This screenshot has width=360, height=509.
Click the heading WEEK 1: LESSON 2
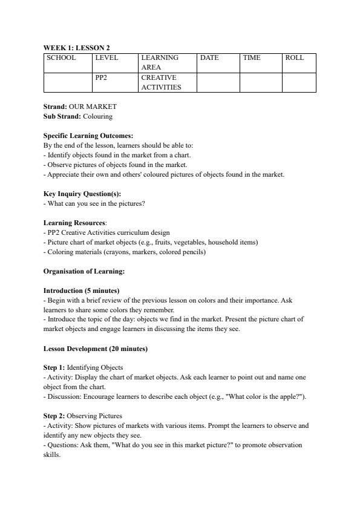pyautogui.click(x=76, y=47)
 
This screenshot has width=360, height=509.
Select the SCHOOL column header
pyautogui.click(x=61, y=58)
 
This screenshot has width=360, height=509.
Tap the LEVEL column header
pyautogui.click(x=106, y=58)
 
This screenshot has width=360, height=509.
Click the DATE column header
pyautogui.click(x=209, y=58)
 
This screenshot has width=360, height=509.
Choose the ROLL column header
pyautogui.click(x=294, y=58)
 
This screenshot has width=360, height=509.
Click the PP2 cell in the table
pyautogui.click(x=102, y=78)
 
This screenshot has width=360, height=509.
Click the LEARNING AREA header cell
pyautogui.click(x=160, y=62)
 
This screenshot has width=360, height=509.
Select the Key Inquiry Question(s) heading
pyautogui.click(x=82, y=194)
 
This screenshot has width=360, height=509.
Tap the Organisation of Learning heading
pyautogui.click(x=83, y=271)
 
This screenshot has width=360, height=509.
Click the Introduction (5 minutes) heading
pyautogui.click(x=81, y=291)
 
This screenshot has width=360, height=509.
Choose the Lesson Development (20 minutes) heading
pyautogui.click(x=96, y=349)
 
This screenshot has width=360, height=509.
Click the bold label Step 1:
pyautogui.click(x=54, y=367)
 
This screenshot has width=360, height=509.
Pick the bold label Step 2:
pyautogui.click(x=54, y=416)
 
